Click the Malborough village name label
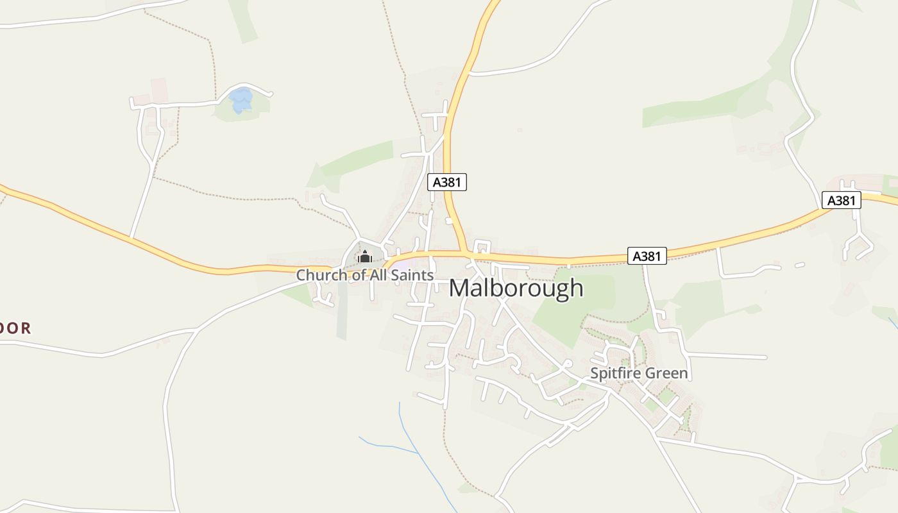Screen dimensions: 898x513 tap(516, 289)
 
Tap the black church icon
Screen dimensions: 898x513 tap(365, 258)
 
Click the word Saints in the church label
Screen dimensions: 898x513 tap(410, 275)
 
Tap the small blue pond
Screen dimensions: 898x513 tap(241, 100)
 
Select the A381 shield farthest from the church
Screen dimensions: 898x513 tap(841, 201)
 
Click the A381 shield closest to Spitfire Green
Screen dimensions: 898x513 tap(647, 256)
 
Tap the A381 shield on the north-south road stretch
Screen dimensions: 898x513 tap(447, 182)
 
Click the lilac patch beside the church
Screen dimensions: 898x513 tap(401, 264)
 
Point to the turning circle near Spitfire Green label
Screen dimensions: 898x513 tap(567, 363)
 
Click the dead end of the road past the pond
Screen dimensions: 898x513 tap(270, 94)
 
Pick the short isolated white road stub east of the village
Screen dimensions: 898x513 tap(799, 265)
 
